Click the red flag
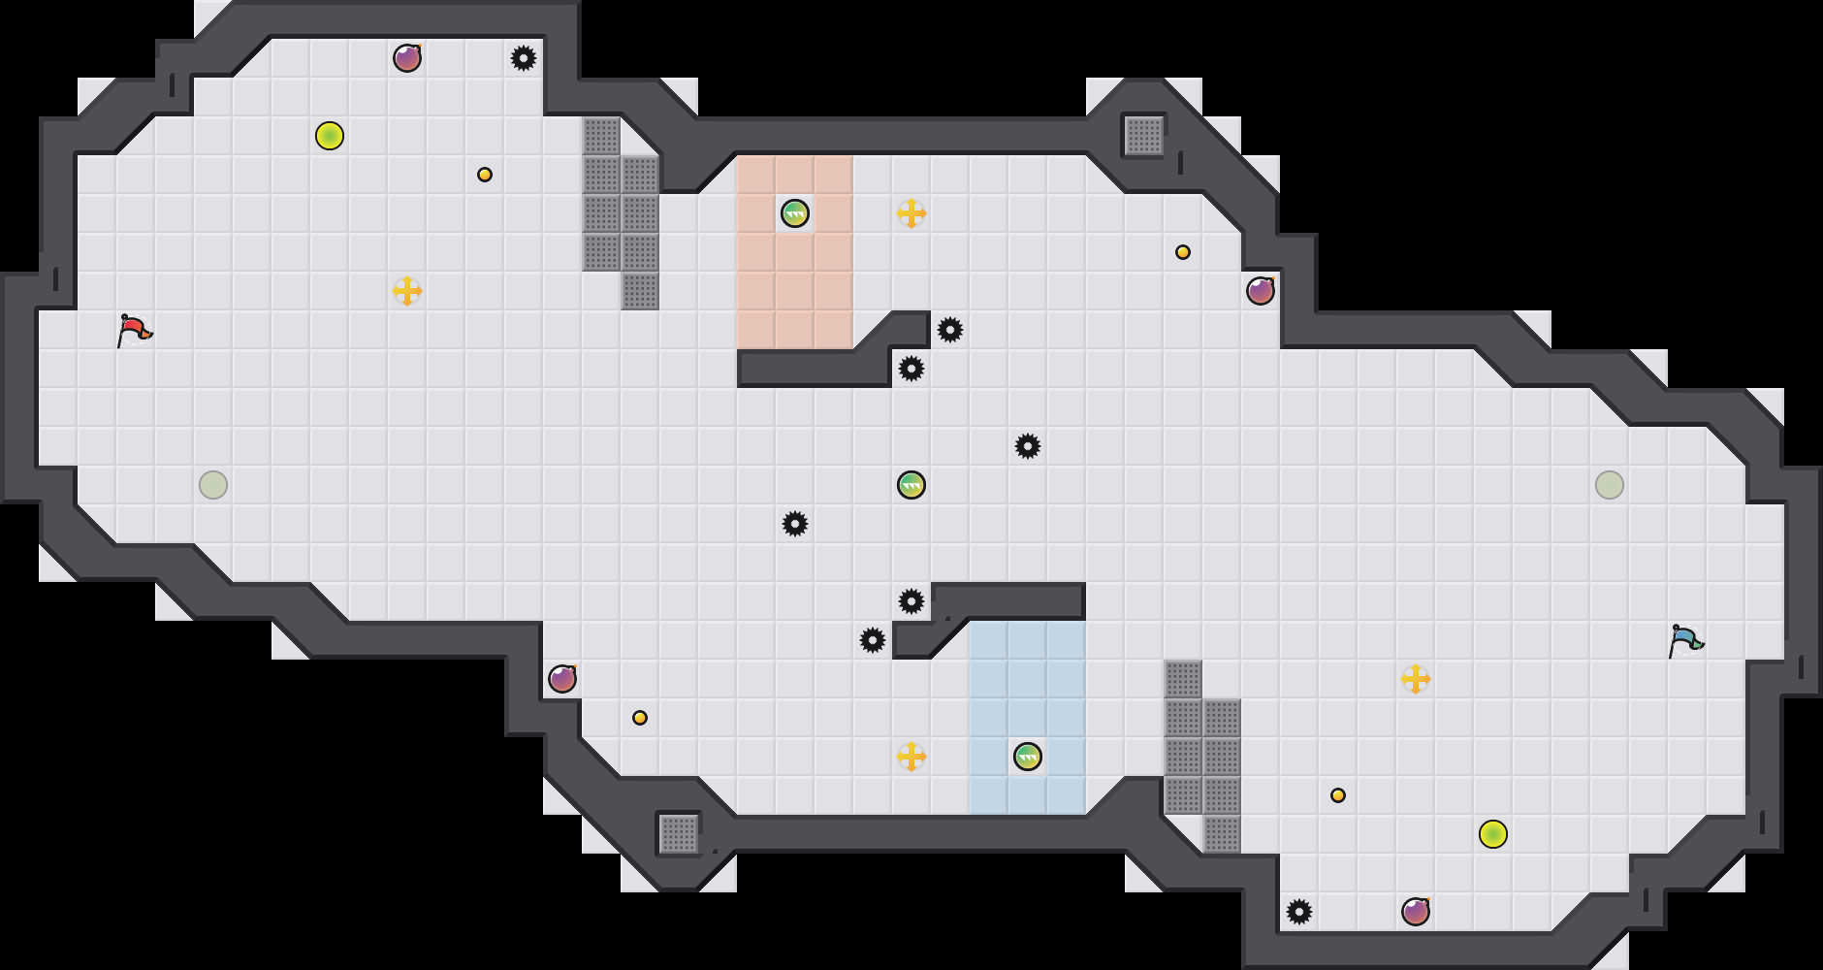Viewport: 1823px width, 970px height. click(134, 330)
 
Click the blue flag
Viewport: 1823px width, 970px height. click(1685, 640)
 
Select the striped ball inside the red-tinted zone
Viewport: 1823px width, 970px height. click(795, 213)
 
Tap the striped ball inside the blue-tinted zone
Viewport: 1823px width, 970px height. click(1028, 757)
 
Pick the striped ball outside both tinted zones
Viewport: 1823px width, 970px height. click(911, 485)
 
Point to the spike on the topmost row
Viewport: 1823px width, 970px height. click(524, 58)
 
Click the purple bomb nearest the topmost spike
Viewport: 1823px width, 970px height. click(407, 58)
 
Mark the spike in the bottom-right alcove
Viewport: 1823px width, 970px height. click(1299, 912)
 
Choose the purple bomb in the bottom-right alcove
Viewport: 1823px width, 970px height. click(1416, 912)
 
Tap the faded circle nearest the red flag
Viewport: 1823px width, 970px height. click(213, 485)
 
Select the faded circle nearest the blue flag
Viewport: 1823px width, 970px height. click(1610, 485)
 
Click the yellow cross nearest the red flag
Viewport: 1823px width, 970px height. click(407, 291)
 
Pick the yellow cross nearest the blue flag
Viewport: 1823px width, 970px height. click(1416, 679)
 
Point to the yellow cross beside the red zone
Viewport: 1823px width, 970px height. click(911, 213)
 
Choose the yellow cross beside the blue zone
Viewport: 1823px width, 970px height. click(911, 757)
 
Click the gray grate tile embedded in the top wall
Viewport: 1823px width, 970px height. click(1144, 136)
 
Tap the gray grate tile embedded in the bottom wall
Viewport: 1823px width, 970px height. click(679, 834)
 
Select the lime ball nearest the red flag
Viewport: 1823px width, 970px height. click(330, 136)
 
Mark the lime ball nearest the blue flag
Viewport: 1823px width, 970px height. click(1493, 834)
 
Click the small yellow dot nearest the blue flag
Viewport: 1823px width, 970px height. click(1338, 795)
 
